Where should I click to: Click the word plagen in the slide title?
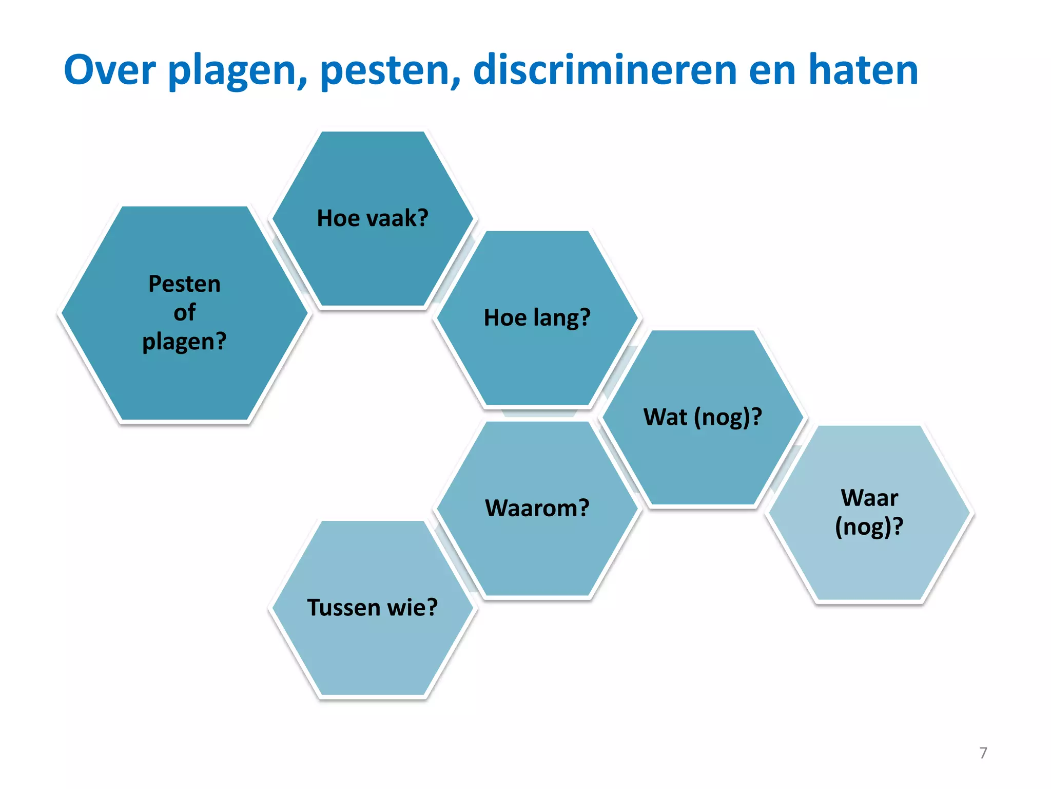(238, 71)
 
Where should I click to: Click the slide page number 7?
(983, 753)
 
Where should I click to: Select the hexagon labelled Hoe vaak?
(373, 218)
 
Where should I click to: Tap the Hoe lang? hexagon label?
(537, 317)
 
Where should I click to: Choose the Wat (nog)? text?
(702, 417)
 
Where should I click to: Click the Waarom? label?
(537, 508)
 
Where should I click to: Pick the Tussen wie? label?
(373, 607)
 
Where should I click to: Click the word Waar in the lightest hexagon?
(869, 498)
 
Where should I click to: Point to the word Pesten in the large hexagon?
(184, 284)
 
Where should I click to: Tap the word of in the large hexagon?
(184, 312)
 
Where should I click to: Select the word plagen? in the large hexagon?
(184, 342)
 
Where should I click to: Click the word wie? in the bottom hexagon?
(412, 607)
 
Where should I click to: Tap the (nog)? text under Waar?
(869, 527)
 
